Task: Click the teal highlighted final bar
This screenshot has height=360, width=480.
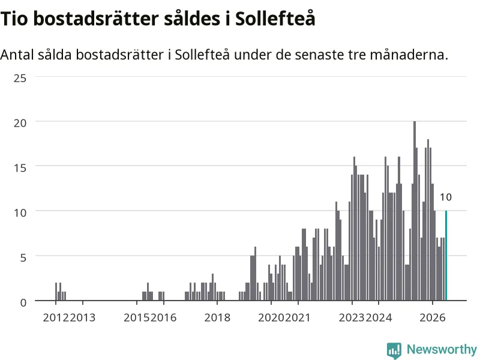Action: tap(446, 256)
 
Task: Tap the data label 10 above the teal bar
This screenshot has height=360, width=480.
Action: tap(446, 197)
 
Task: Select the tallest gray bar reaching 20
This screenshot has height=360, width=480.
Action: tap(415, 211)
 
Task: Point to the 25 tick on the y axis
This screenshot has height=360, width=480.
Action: tap(20, 79)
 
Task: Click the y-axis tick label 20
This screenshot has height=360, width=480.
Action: tap(20, 123)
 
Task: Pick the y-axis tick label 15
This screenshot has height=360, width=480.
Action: tap(20, 168)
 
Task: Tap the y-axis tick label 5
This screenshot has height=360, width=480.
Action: tap(23, 258)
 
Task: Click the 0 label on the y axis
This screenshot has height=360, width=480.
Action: tap(23, 303)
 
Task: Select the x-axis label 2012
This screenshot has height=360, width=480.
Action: tap(56, 318)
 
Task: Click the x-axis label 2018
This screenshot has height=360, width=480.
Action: tap(217, 318)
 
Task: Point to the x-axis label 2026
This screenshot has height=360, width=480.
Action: tap(433, 318)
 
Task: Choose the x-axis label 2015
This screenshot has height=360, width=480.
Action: tap(137, 318)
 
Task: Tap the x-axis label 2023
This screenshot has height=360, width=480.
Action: tap(352, 318)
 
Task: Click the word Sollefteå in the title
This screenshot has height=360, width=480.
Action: tap(275, 19)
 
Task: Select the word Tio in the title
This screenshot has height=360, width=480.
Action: tap(14, 19)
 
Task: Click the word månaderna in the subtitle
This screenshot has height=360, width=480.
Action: tap(409, 55)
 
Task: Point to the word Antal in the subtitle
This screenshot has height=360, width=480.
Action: tap(17, 55)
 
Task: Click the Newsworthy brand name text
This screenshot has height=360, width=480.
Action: tap(442, 349)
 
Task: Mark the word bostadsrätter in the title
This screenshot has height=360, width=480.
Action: tap(96, 19)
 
